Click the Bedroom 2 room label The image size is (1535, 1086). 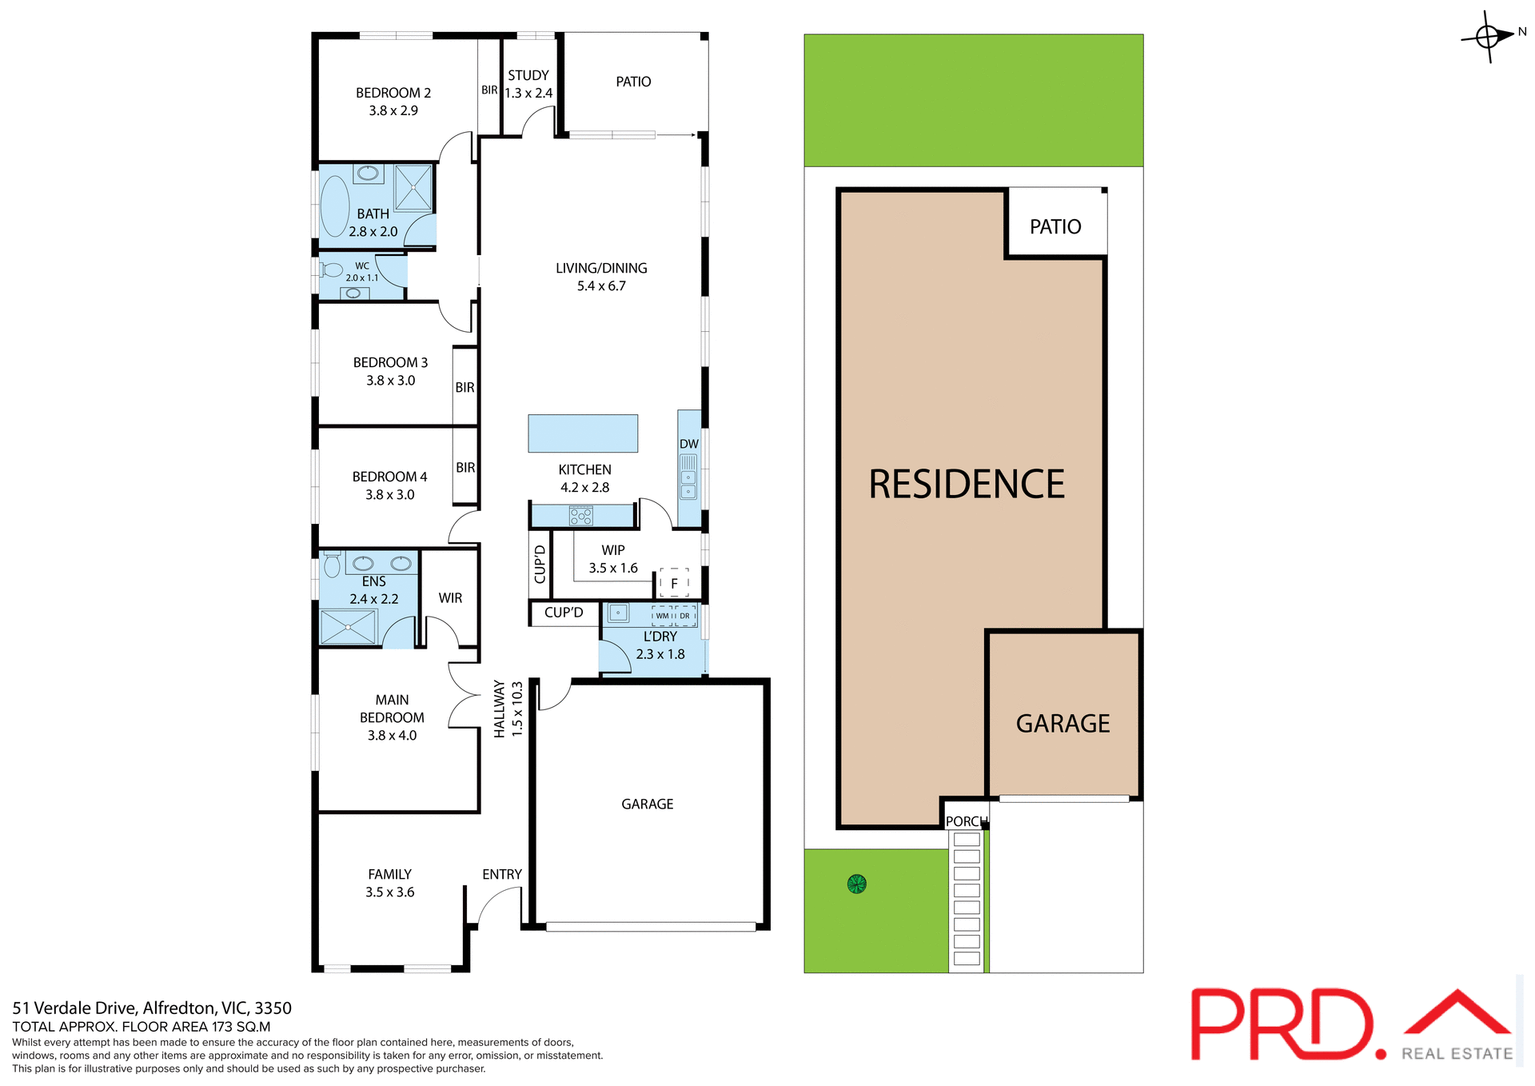(x=393, y=102)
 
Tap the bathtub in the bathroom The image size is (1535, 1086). (x=334, y=206)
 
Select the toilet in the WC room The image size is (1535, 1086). (x=332, y=270)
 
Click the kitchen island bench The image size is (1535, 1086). (x=583, y=433)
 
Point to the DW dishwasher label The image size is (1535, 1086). (x=688, y=444)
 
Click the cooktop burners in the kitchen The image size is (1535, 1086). (x=581, y=516)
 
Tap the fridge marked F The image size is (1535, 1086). (x=674, y=583)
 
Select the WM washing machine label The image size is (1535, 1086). (x=662, y=616)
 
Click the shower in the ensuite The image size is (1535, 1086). (x=348, y=627)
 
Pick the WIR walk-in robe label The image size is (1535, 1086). (x=450, y=598)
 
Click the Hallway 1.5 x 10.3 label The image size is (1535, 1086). (x=508, y=709)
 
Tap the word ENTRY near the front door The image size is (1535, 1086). (x=501, y=874)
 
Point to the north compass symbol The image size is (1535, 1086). (x=1489, y=36)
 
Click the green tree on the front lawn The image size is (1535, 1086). (x=856, y=884)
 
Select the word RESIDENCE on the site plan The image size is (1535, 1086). (x=967, y=485)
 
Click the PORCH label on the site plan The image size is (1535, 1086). (x=966, y=821)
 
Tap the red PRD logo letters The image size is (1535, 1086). (x=1279, y=1024)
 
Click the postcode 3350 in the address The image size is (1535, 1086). (x=273, y=1008)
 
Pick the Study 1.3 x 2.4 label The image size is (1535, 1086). (x=528, y=84)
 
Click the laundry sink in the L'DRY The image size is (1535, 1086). (x=618, y=613)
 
